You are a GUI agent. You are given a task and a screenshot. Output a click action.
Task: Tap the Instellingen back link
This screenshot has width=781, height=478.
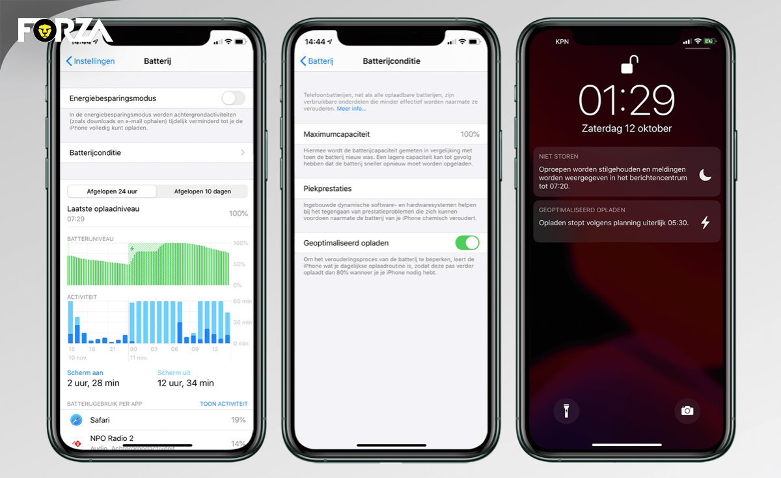(x=90, y=61)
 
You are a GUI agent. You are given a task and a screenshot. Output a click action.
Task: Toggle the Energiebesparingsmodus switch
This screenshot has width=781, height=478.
(x=233, y=98)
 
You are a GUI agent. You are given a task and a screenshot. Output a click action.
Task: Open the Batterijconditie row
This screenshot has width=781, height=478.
(x=156, y=152)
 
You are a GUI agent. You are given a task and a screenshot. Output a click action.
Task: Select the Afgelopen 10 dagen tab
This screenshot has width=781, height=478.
(x=202, y=191)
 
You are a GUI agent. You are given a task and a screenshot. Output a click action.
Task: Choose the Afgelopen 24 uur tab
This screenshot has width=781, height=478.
(x=112, y=191)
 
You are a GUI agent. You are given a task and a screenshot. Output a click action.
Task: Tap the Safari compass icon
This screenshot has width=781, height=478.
(x=77, y=420)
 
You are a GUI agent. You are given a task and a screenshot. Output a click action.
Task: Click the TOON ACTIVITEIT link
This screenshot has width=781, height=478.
(x=223, y=404)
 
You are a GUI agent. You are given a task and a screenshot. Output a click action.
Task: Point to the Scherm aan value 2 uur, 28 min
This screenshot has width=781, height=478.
(x=93, y=383)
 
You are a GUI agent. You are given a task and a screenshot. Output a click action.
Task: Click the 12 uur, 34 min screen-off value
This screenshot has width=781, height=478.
(x=185, y=383)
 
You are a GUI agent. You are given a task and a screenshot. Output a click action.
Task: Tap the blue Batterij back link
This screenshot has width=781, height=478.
(x=317, y=61)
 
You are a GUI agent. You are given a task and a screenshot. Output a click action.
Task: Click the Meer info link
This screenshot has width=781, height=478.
(x=351, y=109)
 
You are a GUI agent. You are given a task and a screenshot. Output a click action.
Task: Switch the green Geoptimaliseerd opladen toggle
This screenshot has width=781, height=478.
(x=467, y=243)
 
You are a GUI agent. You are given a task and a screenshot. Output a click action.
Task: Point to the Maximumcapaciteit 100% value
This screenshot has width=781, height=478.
(x=469, y=134)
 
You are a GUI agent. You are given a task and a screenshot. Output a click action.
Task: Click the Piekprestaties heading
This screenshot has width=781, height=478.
(x=327, y=189)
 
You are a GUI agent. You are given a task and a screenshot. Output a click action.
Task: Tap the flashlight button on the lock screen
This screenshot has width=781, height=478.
(x=566, y=410)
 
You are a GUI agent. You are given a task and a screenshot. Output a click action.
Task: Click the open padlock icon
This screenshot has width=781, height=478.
(x=628, y=65)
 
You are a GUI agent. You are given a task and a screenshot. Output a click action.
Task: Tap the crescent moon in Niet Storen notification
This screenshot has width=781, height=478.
(x=705, y=175)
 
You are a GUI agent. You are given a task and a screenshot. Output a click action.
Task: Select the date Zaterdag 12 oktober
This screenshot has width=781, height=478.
(x=627, y=128)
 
